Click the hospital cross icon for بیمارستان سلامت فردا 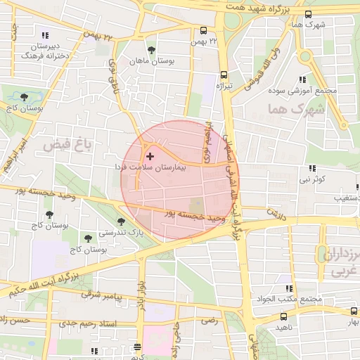click(149, 155)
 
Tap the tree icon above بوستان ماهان click(151, 50)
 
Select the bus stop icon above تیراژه click(224, 74)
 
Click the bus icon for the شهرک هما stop click(309, 13)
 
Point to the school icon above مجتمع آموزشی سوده click(302, 79)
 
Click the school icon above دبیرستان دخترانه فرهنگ click(45, 34)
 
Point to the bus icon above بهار click(354, 311)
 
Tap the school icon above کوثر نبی click(311, 168)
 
